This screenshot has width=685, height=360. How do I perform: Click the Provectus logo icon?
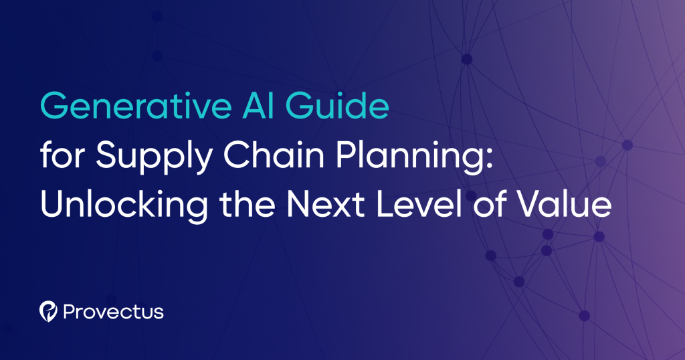(x=48, y=311)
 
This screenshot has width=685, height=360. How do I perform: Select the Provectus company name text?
(x=113, y=312)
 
